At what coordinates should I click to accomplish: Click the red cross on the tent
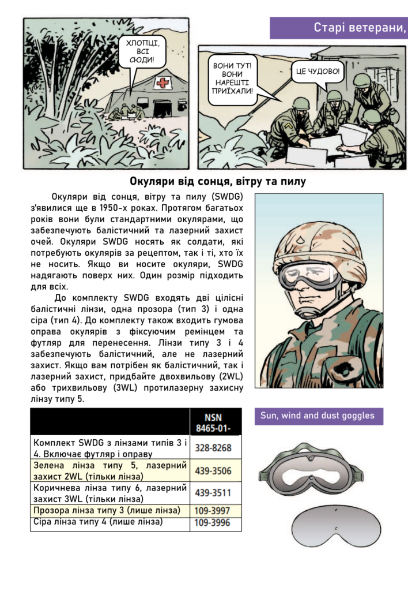(164, 84)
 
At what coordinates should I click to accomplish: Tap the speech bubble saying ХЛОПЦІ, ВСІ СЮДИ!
(138, 51)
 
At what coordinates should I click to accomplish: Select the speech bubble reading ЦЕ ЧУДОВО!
(318, 72)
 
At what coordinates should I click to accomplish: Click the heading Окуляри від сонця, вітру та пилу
(217, 181)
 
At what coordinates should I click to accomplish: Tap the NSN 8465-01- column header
(216, 422)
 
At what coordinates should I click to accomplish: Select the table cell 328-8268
(216, 447)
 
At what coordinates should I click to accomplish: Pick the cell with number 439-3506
(216, 471)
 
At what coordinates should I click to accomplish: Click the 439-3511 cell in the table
(216, 493)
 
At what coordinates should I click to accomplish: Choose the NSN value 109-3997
(216, 511)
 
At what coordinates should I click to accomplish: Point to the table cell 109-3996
(216, 523)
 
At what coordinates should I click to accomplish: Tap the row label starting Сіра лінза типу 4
(98, 522)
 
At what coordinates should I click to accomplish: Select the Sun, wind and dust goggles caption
(318, 416)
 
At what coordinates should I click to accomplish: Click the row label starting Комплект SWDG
(109, 447)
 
